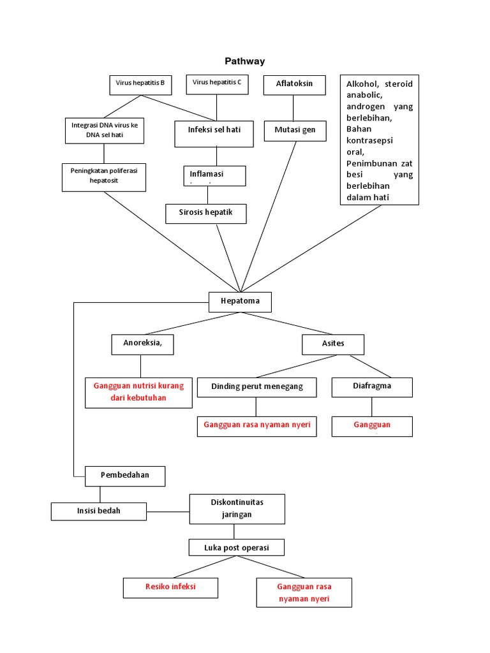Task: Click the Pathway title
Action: (x=244, y=61)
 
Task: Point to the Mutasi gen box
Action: (x=295, y=130)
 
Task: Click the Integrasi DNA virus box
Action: (x=105, y=131)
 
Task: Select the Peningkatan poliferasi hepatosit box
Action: (x=104, y=177)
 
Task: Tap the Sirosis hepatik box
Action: (x=206, y=214)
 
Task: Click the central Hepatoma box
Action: (x=240, y=302)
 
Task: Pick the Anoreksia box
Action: (x=142, y=344)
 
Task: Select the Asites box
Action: (x=332, y=344)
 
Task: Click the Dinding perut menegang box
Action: (x=256, y=387)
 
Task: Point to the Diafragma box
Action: (x=372, y=386)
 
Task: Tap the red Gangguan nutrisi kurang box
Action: (x=138, y=392)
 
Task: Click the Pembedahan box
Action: (x=126, y=476)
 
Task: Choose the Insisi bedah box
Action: (x=99, y=511)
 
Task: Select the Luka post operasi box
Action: (x=237, y=547)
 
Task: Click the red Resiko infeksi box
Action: (x=170, y=587)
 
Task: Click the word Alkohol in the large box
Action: (x=362, y=84)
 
